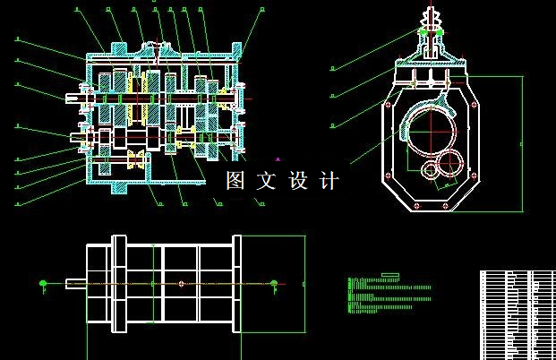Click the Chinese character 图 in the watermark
tap(235, 181)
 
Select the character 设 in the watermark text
tap(298, 181)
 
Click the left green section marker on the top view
tap(43, 285)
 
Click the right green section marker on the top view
tap(274, 285)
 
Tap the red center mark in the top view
tap(181, 284)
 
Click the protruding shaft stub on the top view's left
tap(76, 284)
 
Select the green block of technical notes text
tap(389, 296)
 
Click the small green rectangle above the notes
tap(389, 274)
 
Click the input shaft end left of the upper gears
tap(74, 96)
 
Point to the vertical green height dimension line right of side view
tap(523, 143)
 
